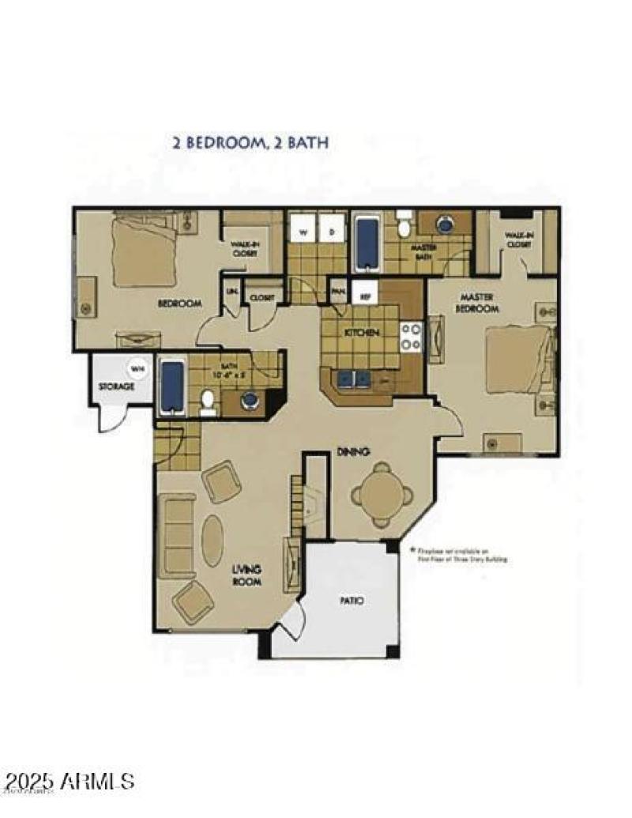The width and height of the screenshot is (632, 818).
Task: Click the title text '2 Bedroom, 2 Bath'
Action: point(250,143)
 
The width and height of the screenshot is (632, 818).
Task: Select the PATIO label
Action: point(352,601)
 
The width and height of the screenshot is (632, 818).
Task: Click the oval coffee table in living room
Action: point(213,541)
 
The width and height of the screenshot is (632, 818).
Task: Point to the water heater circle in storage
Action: point(137,368)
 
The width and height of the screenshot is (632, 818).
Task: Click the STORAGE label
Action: point(116,387)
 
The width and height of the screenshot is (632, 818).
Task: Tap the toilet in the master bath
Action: point(404,225)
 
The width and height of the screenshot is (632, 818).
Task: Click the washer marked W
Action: point(302,232)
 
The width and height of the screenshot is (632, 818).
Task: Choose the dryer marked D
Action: point(332,232)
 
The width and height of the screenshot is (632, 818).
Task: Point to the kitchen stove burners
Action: point(411,336)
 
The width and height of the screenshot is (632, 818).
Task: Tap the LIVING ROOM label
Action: point(246,575)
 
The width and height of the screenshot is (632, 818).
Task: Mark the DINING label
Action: point(354,451)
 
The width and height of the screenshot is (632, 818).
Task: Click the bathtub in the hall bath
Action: point(172,386)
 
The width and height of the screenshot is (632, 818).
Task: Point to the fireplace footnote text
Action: point(459,554)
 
